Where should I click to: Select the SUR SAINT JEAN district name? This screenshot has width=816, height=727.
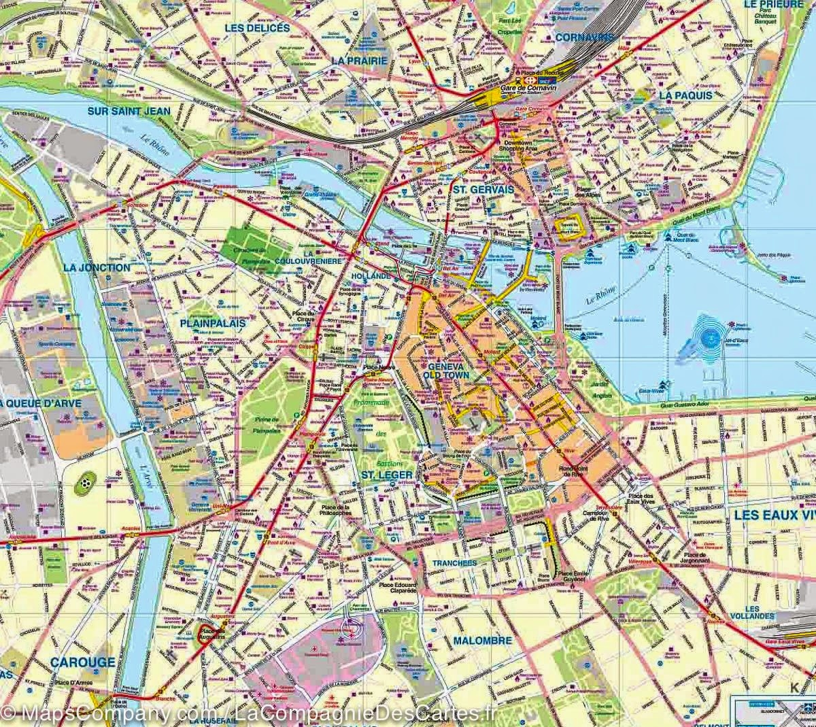click(129, 110)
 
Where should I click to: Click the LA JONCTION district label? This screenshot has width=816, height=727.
click(96, 267)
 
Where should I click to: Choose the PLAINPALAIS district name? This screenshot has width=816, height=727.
click(213, 324)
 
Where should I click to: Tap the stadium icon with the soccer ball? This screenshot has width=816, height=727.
click(86, 481)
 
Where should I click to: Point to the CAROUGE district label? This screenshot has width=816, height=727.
click(82, 662)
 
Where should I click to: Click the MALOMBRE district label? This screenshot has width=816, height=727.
click(480, 641)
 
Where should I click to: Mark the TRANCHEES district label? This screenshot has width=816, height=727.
click(454, 564)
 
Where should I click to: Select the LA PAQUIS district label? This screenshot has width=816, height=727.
click(685, 96)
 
